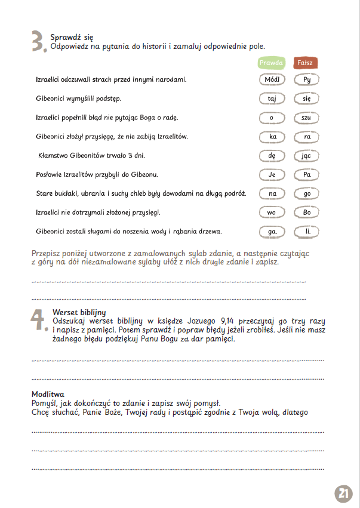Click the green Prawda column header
271,63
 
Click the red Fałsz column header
306,63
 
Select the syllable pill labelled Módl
272,79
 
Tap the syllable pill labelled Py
307,79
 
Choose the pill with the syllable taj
272,98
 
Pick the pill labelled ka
272,137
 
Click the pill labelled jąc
307,156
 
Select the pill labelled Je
272,175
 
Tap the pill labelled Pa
307,175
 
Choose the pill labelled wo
272,213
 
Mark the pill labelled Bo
307,213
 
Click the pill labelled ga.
272,232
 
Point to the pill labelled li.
307,232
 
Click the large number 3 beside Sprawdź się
38,42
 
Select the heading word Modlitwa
48,394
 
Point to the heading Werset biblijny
79,312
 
